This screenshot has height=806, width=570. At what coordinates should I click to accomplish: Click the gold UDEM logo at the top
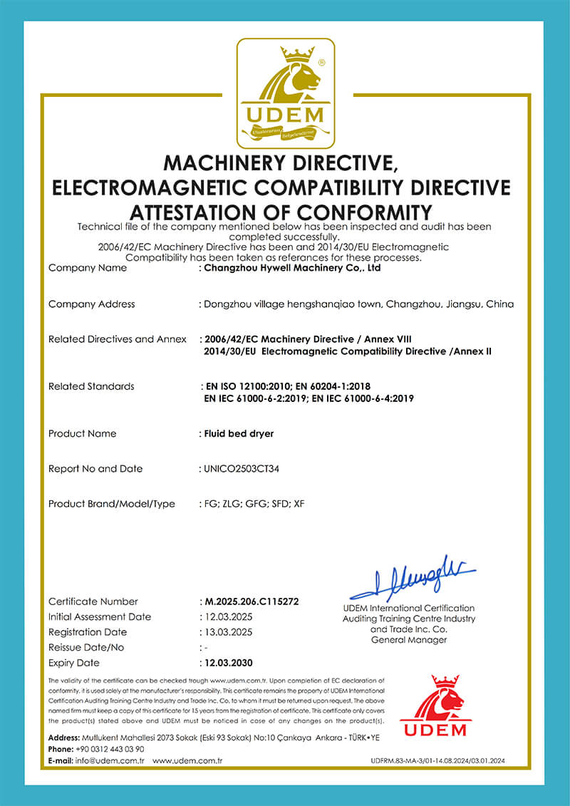coord(285,91)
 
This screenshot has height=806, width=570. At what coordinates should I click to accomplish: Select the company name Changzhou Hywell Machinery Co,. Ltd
coord(292,269)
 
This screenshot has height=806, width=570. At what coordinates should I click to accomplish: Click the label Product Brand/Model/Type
coord(111,504)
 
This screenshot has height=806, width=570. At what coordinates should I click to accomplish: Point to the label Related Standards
coord(91,386)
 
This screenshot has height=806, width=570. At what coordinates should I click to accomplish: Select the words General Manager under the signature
coord(409,640)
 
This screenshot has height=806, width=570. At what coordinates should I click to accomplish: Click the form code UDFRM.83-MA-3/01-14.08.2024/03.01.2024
coord(437,762)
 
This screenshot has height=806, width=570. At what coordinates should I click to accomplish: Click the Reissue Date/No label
coord(86,648)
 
